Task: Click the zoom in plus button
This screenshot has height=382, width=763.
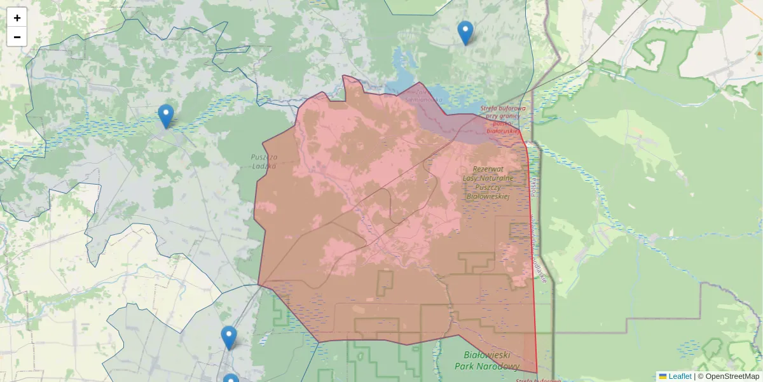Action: pos(17,18)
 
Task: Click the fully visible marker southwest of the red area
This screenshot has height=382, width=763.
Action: pos(229,337)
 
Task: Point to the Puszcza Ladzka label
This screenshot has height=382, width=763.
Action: pos(264,161)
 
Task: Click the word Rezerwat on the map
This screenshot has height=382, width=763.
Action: pos(488,169)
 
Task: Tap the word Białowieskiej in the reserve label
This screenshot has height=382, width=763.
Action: pos(488,197)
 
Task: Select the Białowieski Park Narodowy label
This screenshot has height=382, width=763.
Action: pos(487,360)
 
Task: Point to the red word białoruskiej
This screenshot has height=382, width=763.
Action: pos(503,131)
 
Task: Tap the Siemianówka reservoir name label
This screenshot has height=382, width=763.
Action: pos(420,99)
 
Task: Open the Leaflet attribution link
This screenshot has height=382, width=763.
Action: pos(680,376)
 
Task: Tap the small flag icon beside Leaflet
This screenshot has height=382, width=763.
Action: pos(663,376)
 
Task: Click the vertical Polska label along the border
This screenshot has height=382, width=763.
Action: pos(535,184)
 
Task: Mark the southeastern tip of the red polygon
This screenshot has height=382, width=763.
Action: pos(537,372)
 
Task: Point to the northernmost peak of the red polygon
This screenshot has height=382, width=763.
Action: pos(343,76)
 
